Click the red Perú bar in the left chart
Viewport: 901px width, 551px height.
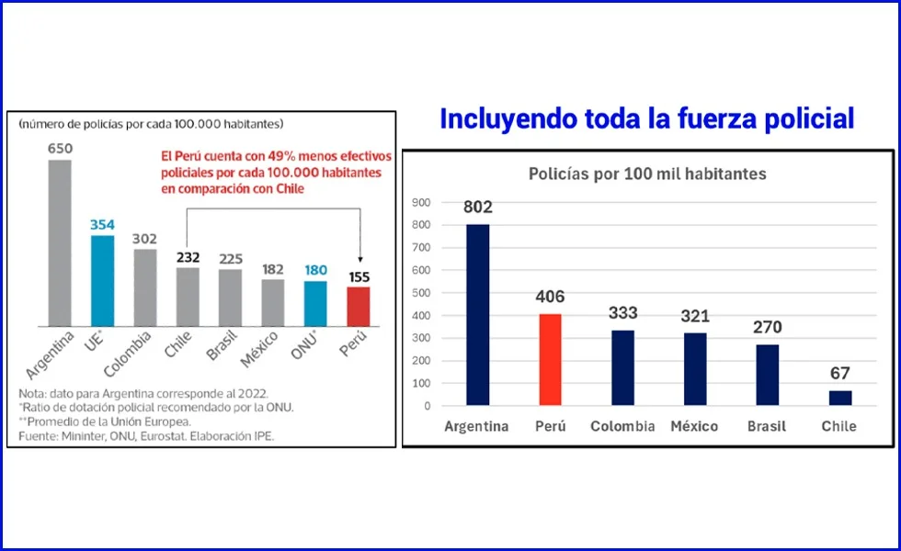(x=358, y=306)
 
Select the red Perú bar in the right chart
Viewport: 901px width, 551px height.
(x=549, y=359)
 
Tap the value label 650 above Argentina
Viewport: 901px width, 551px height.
(x=60, y=148)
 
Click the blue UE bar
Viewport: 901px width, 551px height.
(x=102, y=281)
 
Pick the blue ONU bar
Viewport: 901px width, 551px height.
(x=315, y=303)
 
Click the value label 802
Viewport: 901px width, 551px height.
(x=478, y=208)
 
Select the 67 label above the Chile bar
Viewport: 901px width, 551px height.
(x=839, y=374)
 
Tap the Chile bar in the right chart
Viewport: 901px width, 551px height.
(x=840, y=398)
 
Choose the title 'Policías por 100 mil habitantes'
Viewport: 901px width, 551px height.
(x=647, y=174)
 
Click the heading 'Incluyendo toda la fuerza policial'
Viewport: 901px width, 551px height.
(x=647, y=118)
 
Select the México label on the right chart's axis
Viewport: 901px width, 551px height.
(x=694, y=426)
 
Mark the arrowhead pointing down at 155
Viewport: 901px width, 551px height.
(x=359, y=260)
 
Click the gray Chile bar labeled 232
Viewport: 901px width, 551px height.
(x=188, y=297)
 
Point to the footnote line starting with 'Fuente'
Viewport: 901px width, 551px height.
(x=147, y=436)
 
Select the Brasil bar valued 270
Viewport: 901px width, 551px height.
(x=768, y=375)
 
